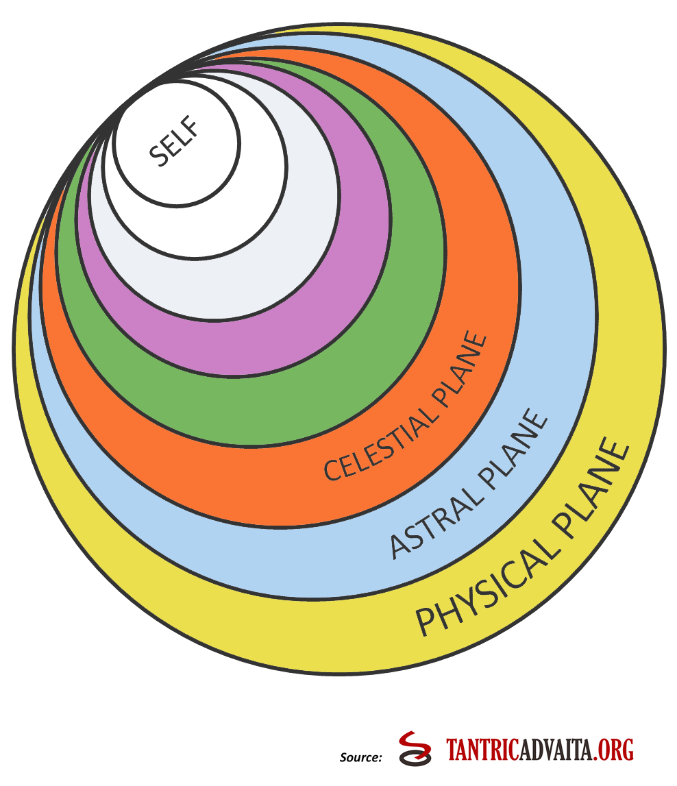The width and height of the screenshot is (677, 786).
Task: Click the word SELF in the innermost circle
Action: (x=173, y=143)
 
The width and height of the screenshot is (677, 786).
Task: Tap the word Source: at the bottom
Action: (x=360, y=757)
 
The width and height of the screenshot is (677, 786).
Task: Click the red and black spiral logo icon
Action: (x=415, y=748)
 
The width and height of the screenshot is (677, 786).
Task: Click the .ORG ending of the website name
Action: (x=615, y=749)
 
